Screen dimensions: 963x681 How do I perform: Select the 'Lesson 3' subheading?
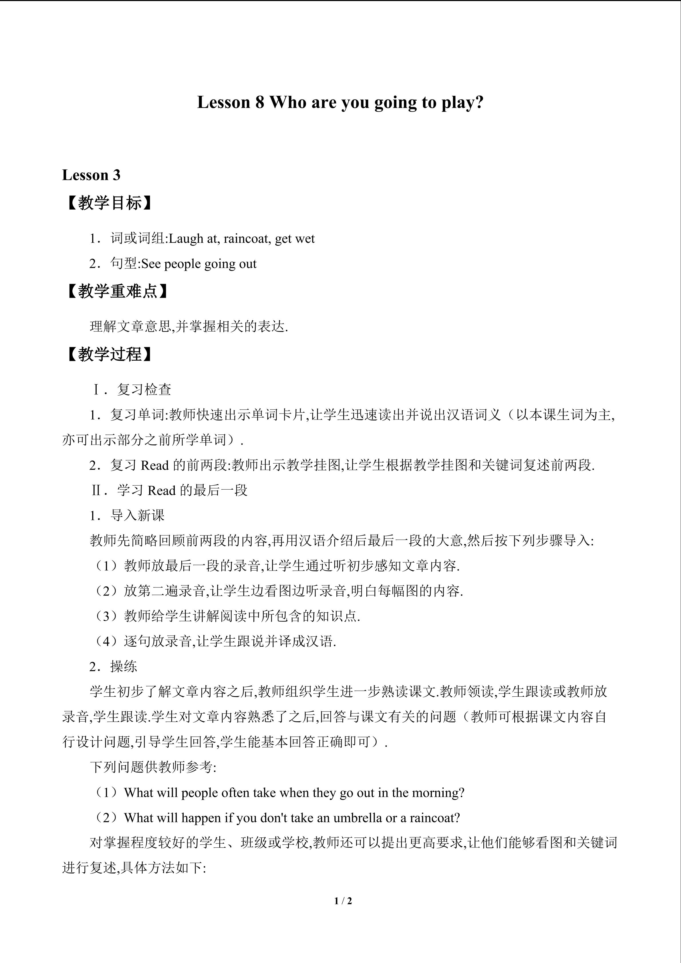pyautogui.click(x=91, y=175)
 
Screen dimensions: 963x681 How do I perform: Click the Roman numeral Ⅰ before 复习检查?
pyautogui.click(x=96, y=390)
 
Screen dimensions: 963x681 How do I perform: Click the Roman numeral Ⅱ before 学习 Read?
pyautogui.click(x=96, y=490)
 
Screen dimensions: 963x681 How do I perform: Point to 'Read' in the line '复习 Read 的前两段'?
pyautogui.click(x=155, y=465)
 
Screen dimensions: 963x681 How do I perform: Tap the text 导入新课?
pyautogui.click(x=138, y=515)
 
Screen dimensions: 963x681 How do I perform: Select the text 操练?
pyautogui.click(x=124, y=666)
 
